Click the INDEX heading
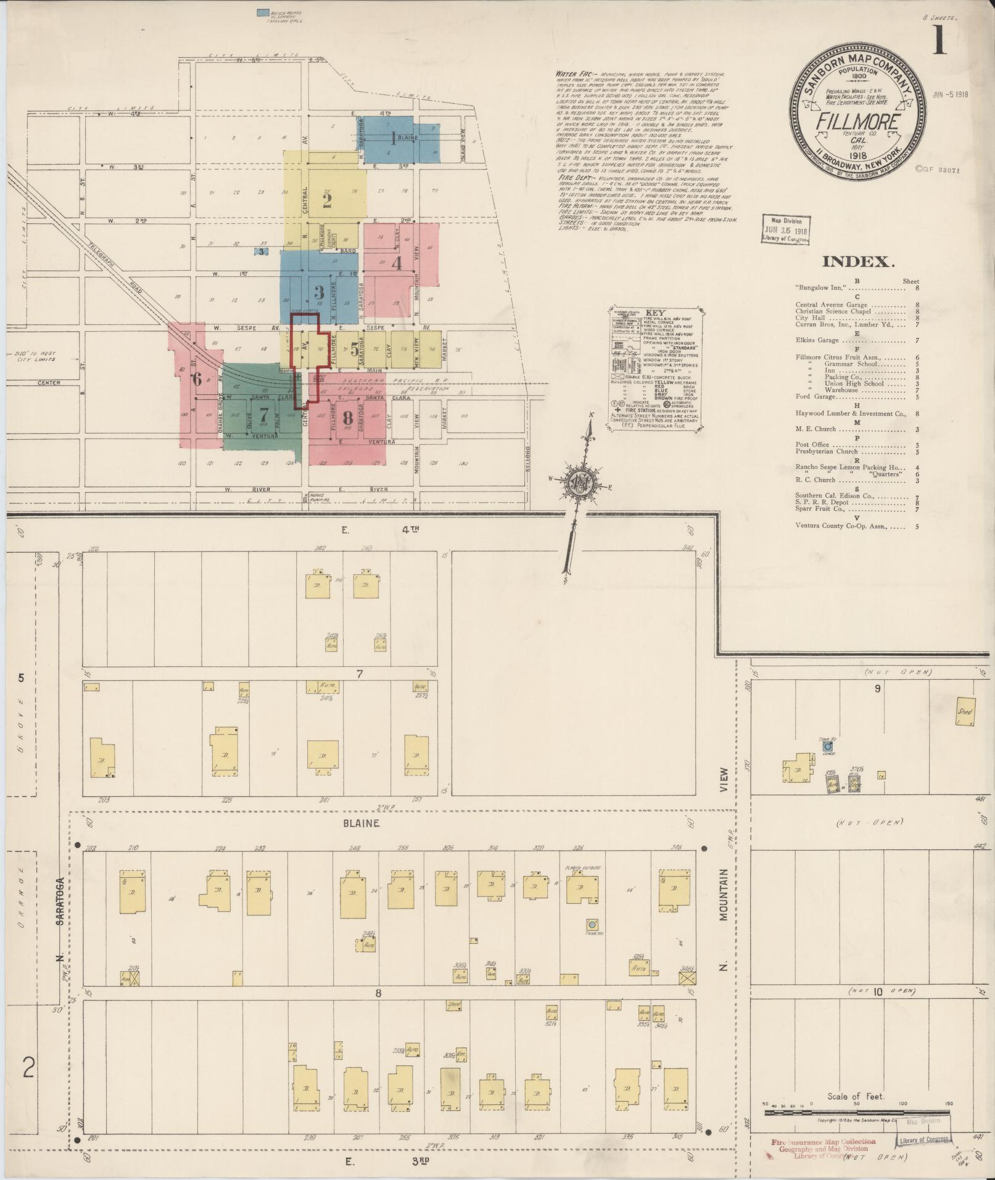tap(858, 262)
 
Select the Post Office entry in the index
tap(812, 444)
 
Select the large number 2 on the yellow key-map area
tap(327, 201)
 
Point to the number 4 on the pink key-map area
tap(397, 263)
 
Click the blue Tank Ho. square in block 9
tap(827, 746)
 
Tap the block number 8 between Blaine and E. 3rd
tap(378, 993)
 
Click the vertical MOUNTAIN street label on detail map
tap(723, 904)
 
